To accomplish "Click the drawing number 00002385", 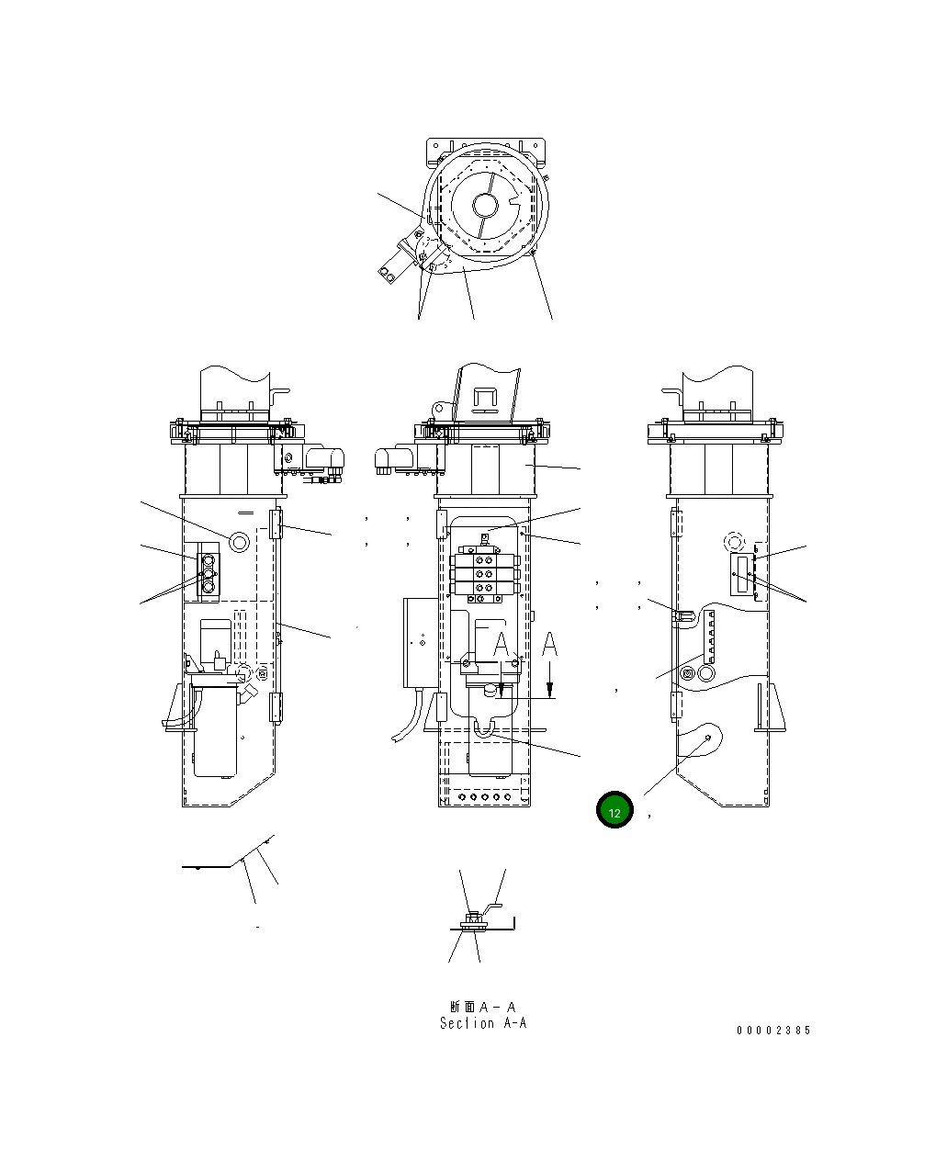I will click(x=773, y=1031).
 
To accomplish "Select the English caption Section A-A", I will click(x=483, y=1023).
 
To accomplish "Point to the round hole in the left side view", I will click(x=239, y=541).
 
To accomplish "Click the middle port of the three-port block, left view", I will click(x=208, y=576).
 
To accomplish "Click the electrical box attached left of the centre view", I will click(x=418, y=642).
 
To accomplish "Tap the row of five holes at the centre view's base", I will click(x=484, y=797).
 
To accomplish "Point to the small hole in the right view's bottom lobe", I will click(x=708, y=738).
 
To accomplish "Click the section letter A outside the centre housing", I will click(x=549, y=646).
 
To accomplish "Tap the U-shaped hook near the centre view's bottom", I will click(x=484, y=727).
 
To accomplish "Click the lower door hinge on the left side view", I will click(x=275, y=707).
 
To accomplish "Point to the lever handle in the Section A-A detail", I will click(x=495, y=908).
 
